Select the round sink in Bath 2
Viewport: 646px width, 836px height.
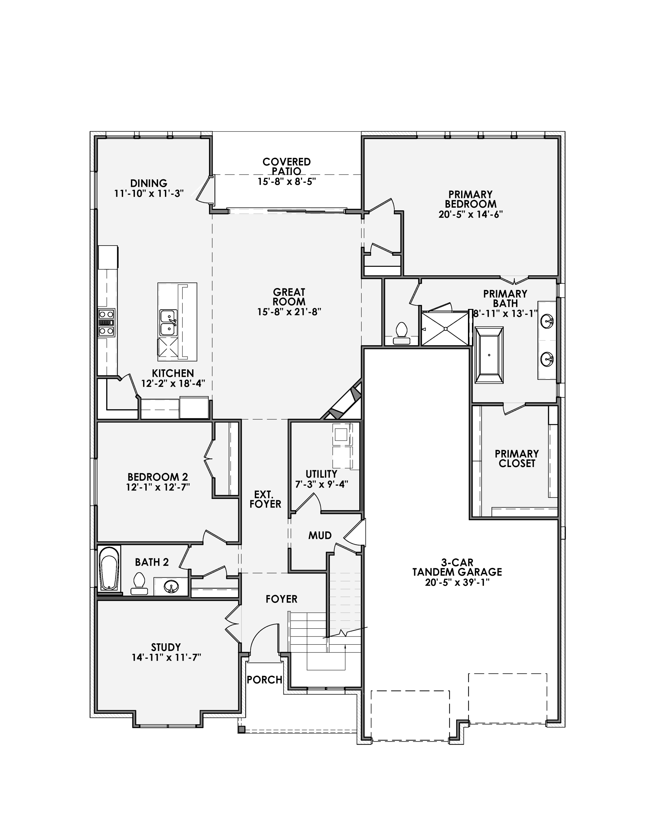point(171,587)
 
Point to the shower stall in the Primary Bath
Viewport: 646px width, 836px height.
point(445,329)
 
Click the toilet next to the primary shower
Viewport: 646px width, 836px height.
point(401,334)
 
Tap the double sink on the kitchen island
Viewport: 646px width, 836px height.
point(169,322)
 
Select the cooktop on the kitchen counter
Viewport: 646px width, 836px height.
point(106,322)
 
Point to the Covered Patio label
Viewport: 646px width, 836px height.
point(286,167)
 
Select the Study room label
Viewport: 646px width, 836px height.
point(166,647)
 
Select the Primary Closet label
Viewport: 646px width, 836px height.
point(517,458)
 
